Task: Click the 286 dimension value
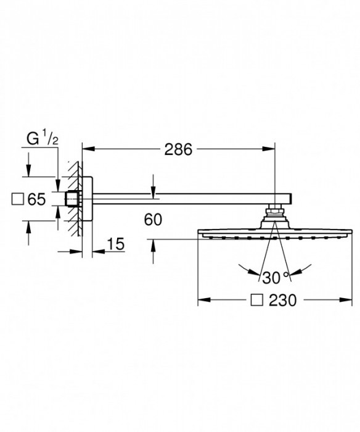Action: point(178,149)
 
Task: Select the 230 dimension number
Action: point(283,300)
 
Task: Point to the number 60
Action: point(153,220)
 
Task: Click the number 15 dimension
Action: point(116,244)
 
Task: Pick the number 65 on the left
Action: point(36,199)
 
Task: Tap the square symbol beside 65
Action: point(18,199)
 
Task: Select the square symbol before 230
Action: point(256,300)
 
